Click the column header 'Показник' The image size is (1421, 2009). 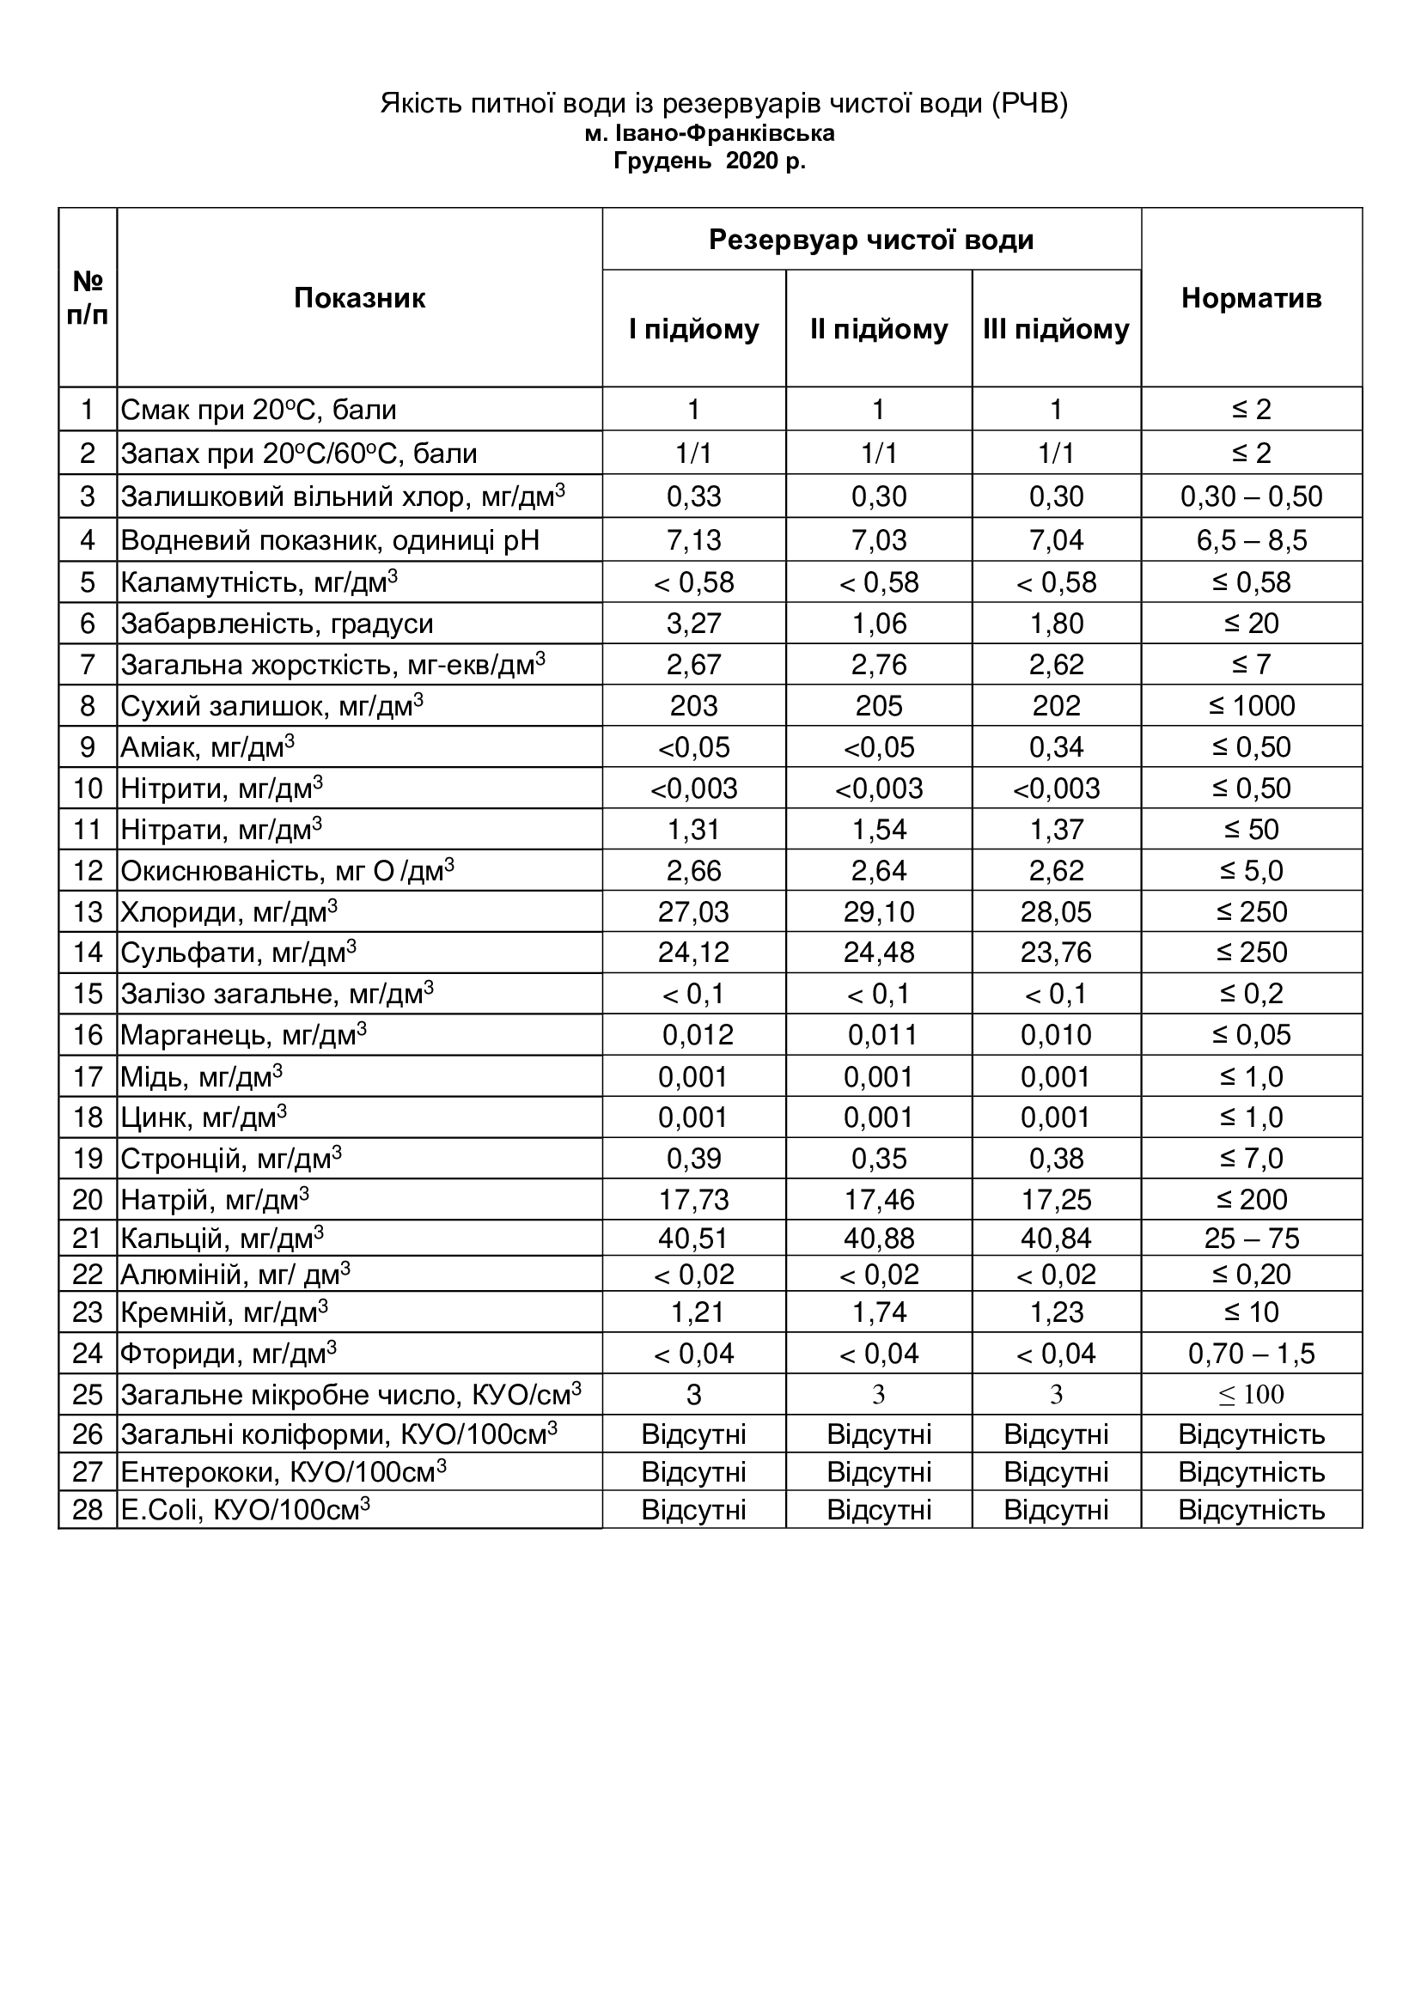359,298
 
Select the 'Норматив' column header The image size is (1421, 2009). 1251,298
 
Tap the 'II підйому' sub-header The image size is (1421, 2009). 879,329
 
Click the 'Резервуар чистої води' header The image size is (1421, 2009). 871,240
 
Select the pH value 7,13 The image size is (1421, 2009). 694,540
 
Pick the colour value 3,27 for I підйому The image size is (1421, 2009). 694,623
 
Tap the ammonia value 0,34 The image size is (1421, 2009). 1056,747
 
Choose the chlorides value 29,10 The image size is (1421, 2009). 879,912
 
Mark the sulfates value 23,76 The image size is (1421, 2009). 1056,952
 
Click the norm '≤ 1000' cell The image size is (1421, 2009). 1251,705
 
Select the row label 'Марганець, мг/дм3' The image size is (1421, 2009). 243,1035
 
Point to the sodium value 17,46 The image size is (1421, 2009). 879,1200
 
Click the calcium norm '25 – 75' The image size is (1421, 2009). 1251,1239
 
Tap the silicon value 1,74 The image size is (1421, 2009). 879,1312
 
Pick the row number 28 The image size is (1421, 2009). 88,1510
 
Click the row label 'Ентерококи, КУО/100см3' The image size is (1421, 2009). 284,1472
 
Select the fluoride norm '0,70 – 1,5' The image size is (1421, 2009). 1251,1354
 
